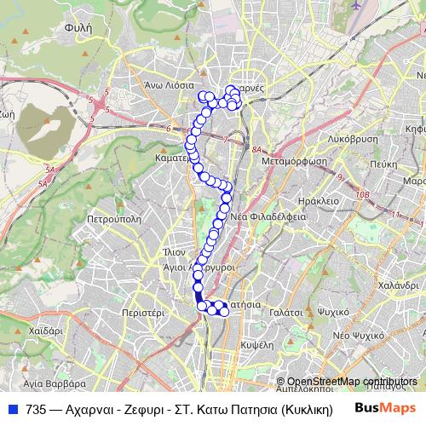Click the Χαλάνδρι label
point(396,285)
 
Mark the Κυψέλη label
point(256,344)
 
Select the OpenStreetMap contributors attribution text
point(351,382)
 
